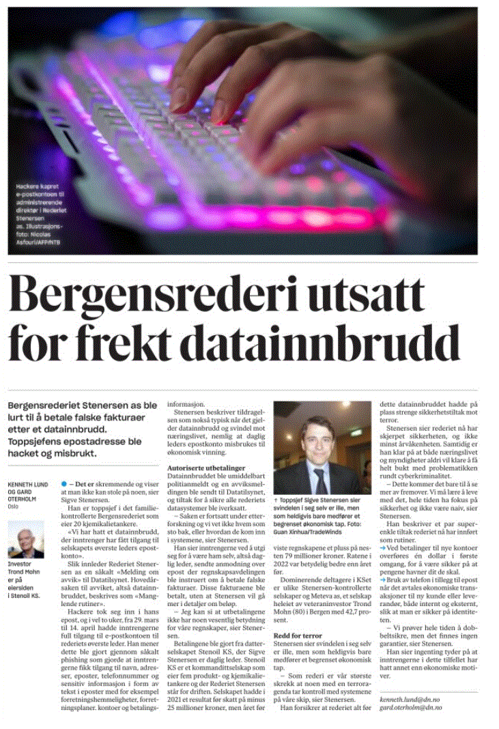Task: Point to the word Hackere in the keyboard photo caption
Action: click(29, 186)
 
